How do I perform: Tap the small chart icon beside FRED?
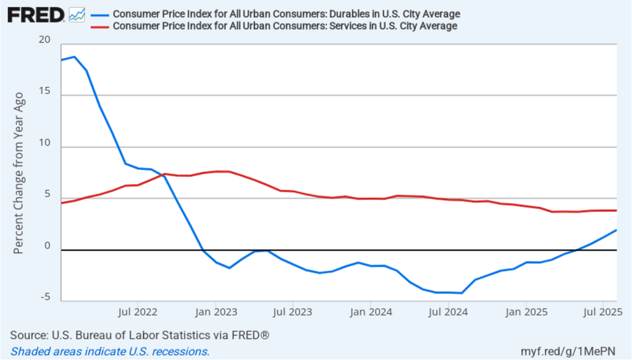pos(77,14)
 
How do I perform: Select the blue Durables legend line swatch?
pos(99,14)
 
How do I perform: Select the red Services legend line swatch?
pos(99,26)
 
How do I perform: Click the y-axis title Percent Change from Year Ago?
pos(19,173)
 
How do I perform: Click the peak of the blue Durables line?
pos(74,57)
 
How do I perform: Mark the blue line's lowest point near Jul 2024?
pos(461,293)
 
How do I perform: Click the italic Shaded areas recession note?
pos(110,351)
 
